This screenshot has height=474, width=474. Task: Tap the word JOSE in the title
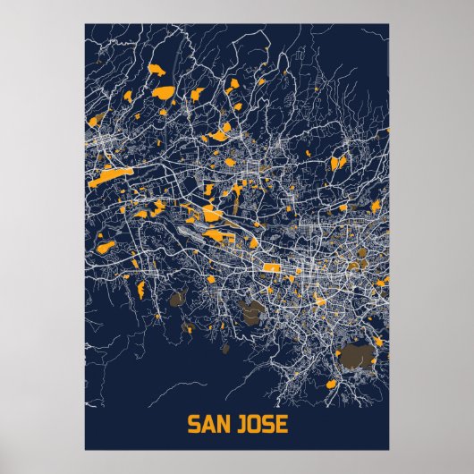point(264,423)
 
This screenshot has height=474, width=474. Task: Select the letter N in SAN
point(224,423)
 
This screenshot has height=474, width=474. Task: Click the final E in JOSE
point(282,423)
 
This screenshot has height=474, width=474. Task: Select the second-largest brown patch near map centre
point(254,310)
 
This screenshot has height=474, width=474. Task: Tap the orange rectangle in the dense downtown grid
point(269,267)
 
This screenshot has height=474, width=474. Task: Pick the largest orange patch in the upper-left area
point(164,91)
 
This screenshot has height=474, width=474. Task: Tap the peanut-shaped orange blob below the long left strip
point(106,243)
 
